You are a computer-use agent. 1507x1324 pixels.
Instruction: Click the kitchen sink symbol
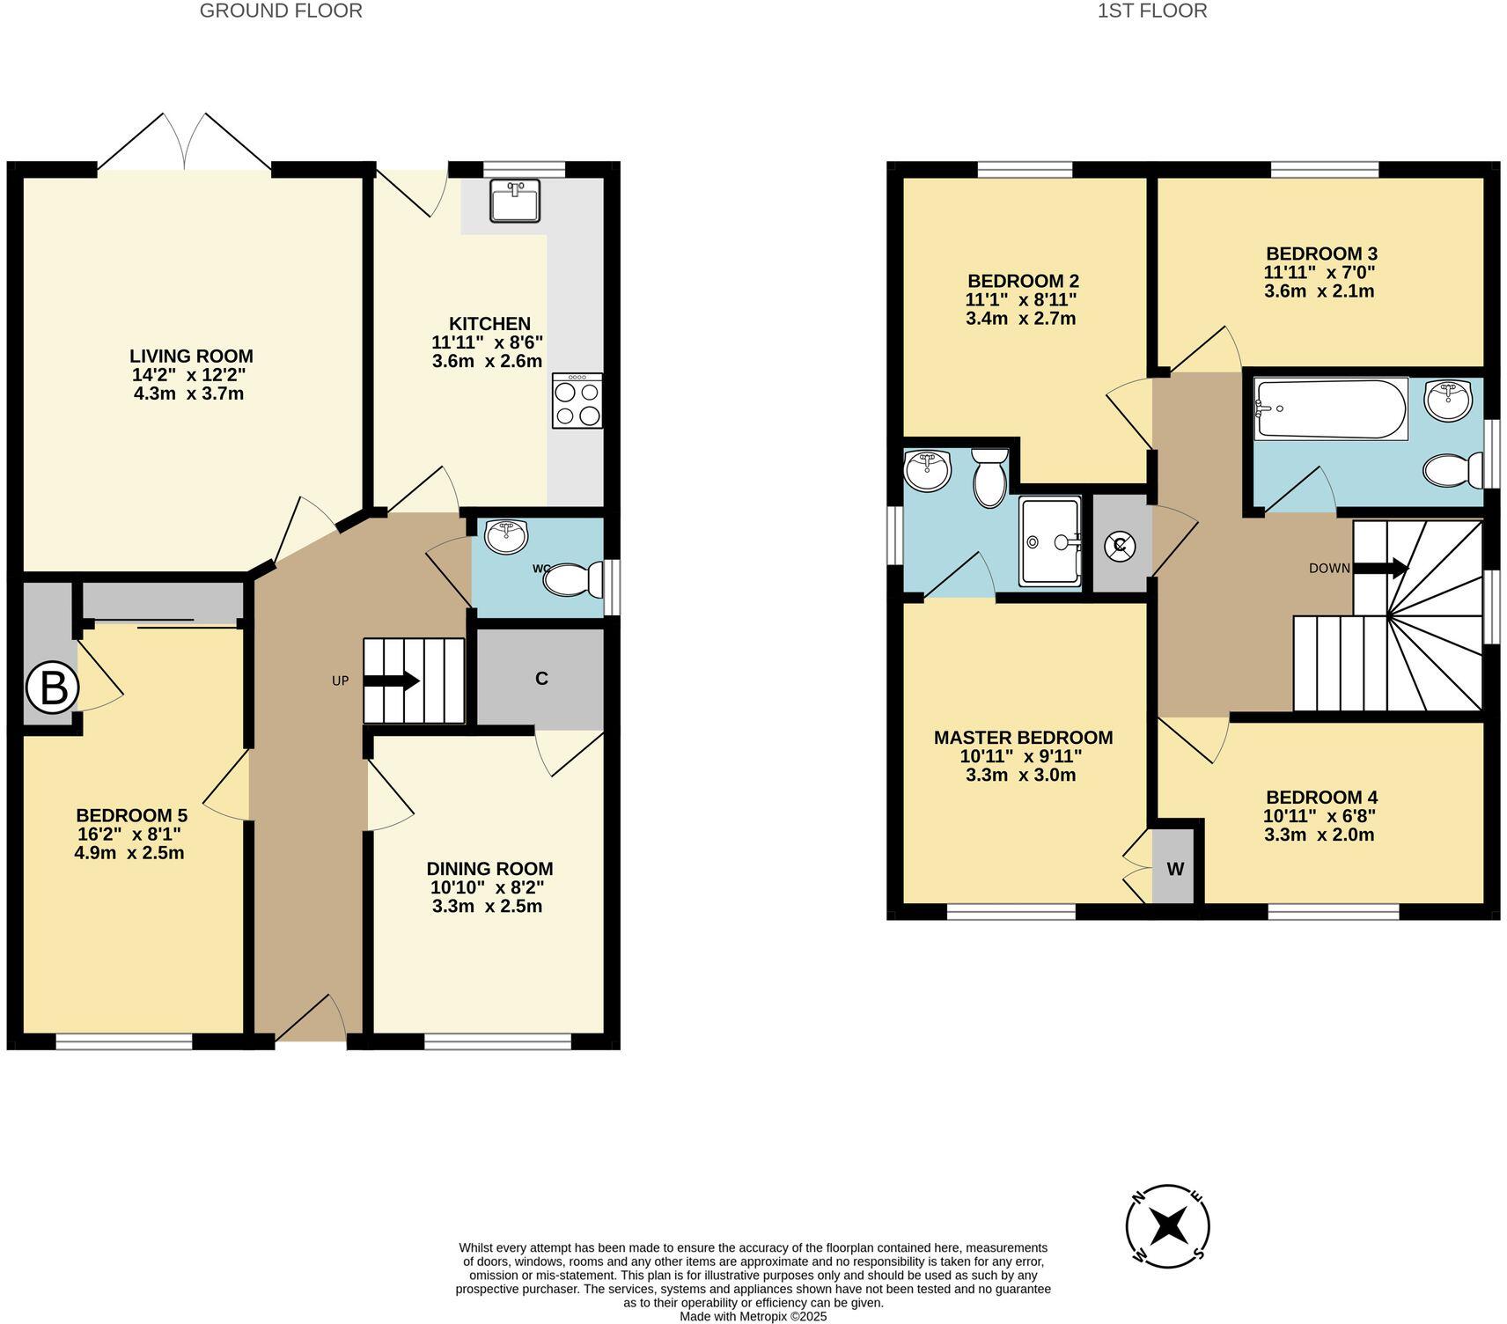point(515,202)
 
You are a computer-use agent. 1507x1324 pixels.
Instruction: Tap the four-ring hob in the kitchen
point(577,401)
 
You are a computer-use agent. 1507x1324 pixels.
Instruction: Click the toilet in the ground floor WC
point(572,579)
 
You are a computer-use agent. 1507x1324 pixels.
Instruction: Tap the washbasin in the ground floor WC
point(505,534)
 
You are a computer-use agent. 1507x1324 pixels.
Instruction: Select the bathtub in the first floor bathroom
point(1329,408)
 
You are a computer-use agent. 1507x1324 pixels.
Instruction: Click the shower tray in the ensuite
point(1049,541)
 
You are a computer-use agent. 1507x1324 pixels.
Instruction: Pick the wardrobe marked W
point(1175,869)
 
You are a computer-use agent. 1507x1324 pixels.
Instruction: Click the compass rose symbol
point(1167,1225)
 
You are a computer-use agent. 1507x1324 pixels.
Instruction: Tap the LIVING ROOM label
point(191,357)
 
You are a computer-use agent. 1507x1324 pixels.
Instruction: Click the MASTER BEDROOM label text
point(1023,738)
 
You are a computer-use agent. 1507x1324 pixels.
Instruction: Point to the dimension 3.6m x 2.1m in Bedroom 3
point(1319,291)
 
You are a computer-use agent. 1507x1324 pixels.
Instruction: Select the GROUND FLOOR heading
point(281,11)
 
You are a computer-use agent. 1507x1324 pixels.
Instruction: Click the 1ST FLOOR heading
point(1152,11)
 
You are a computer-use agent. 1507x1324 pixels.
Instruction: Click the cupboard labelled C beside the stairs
point(541,679)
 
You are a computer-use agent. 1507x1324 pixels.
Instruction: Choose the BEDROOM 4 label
point(1319,798)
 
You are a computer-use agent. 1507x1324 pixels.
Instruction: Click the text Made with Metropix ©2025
point(753,1317)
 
